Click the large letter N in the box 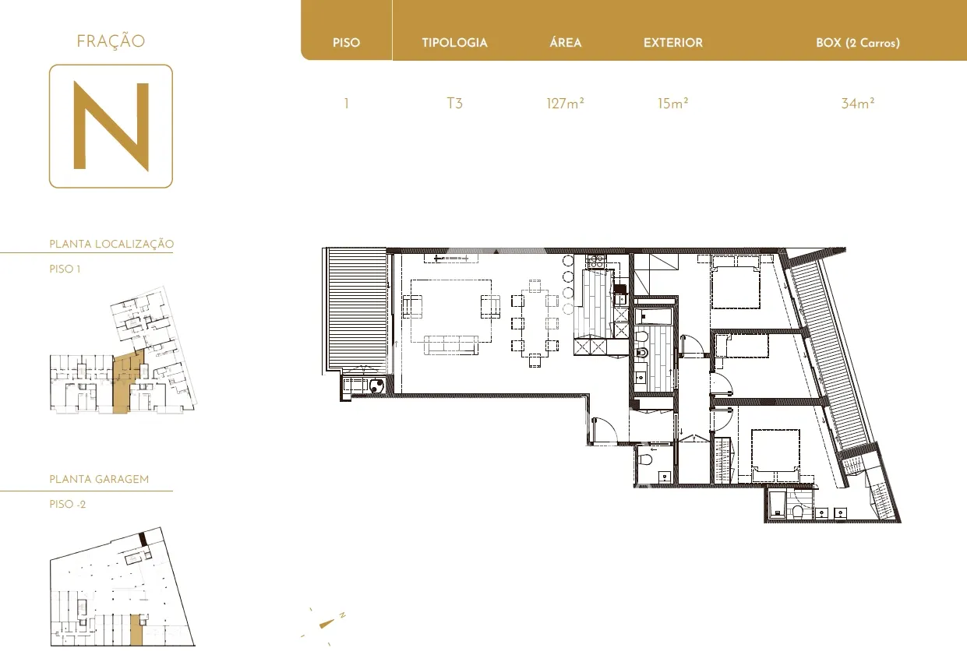tap(111, 125)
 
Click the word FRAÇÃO tap(111, 41)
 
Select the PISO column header tap(346, 43)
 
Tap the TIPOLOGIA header tap(454, 43)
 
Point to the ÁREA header tap(566, 42)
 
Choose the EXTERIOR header tap(673, 43)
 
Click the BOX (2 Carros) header tap(858, 43)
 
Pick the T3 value tap(454, 104)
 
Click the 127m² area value tap(565, 104)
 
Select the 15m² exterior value tap(672, 104)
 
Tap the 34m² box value tap(858, 104)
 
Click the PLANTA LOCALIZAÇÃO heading tap(111, 244)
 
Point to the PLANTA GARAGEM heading tap(99, 479)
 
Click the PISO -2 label tap(67, 504)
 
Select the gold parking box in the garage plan tap(136, 630)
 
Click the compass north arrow tap(326, 624)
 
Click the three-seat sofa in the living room tap(451, 345)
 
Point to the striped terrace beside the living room tap(357, 309)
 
